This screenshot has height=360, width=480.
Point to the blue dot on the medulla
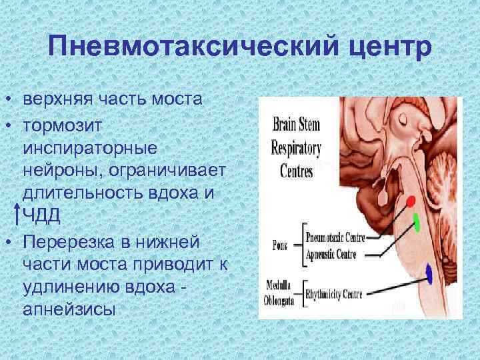(429, 273)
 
